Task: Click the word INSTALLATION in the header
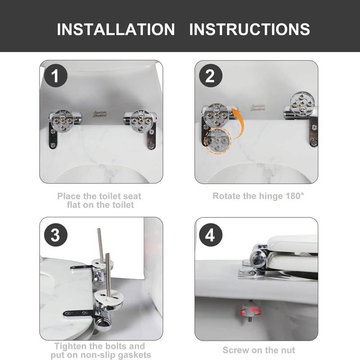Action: tap(116, 29)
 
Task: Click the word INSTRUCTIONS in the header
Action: tap(250, 29)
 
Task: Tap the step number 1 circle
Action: tap(55, 76)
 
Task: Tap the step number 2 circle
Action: tap(211, 76)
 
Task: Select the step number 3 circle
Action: tap(55, 235)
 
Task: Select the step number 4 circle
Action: tap(211, 235)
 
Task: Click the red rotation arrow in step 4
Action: tap(251, 311)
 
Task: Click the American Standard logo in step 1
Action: tap(100, 114)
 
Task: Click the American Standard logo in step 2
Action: tap(257, 108)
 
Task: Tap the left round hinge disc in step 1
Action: tap(63, 121)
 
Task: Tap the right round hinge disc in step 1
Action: tap(141, 121)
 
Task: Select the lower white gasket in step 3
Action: tap(108, 297)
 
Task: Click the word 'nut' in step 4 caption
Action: tap(287, 351)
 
